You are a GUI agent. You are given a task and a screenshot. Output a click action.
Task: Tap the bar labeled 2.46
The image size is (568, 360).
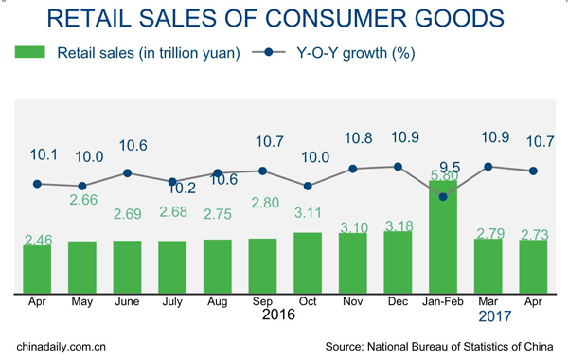pos(37,269)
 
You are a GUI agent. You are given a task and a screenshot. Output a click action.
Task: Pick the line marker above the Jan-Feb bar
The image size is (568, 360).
pos(443,196)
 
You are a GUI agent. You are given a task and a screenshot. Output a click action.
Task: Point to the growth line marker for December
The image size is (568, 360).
pos(398,167)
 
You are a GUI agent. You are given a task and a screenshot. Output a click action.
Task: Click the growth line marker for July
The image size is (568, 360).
pos(172,182)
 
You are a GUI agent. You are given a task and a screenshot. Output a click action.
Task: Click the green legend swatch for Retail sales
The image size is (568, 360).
pos(30,54)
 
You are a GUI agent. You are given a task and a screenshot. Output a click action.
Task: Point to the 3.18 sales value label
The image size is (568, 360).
pos(398,225)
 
